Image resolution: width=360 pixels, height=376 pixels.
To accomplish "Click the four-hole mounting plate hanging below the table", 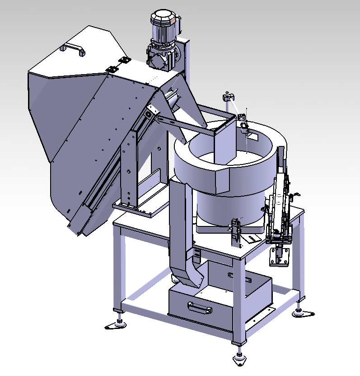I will click(x=276, y=258).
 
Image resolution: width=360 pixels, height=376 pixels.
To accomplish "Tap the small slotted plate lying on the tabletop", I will click(x=253, y=238).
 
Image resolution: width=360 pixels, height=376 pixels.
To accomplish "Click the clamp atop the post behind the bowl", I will click(x=228, y=97).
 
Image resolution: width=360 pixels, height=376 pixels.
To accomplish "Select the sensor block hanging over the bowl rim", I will click(x=244, y=127).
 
